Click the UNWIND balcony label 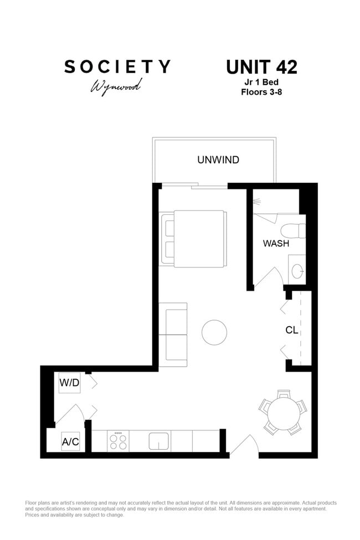[218, 160]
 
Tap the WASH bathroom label [276, 244]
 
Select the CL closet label [291, 330]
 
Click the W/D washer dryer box [69, 383]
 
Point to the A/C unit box [70, 441]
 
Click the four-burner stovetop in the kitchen [118, 441]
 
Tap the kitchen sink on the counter [158, 441]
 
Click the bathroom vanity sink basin [297, 271]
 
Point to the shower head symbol [256, 200]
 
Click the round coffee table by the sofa [214, 332]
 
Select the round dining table [284, 412]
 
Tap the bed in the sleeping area [193, 239]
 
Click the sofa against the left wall [173, 335]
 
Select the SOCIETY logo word [117, 66]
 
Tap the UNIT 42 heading [261, 67]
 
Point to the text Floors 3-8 [261, 92]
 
